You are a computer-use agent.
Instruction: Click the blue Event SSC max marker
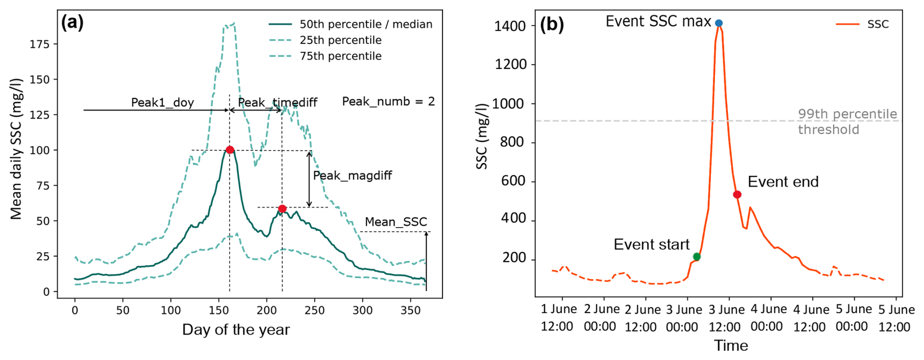point(718,23)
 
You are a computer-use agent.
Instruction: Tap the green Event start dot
point(696,257)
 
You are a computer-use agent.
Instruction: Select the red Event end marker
point(737,195)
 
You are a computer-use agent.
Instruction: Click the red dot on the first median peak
point(230,150)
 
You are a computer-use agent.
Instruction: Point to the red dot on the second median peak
point(282,209)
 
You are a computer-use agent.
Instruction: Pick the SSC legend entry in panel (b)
point(878,24)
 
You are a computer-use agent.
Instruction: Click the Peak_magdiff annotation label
point(352,175)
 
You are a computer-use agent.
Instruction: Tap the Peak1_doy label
point(162,103)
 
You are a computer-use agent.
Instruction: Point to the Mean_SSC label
point(396,222)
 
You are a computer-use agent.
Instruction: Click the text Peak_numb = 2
point(388,102)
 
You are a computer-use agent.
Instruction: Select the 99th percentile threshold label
point(847,122)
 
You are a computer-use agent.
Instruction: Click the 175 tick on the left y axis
point(40,44)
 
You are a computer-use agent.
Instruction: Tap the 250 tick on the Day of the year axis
point(314,310)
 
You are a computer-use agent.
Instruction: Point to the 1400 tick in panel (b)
point(509,26)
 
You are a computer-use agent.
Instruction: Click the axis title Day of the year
point(236,330)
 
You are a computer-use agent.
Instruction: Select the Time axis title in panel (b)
point(731,346)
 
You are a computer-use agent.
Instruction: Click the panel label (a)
point(72,22)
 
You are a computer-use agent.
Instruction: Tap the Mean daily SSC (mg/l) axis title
point(16,148)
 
